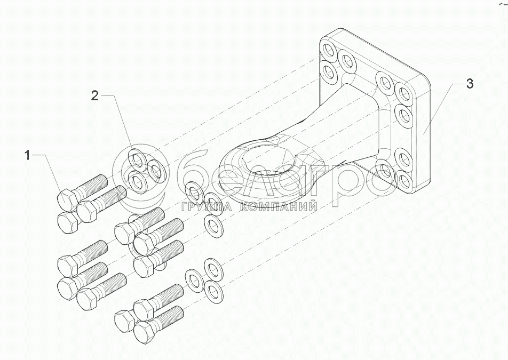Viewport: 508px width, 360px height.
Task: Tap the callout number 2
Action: tap(94, 96)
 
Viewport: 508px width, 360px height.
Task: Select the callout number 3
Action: tap(469, 84)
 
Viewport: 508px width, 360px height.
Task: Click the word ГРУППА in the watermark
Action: tap(205, 207)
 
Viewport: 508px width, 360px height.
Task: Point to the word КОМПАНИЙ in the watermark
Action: tap(277, 207)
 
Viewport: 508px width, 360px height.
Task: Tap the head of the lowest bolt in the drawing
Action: tap(142, 332)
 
